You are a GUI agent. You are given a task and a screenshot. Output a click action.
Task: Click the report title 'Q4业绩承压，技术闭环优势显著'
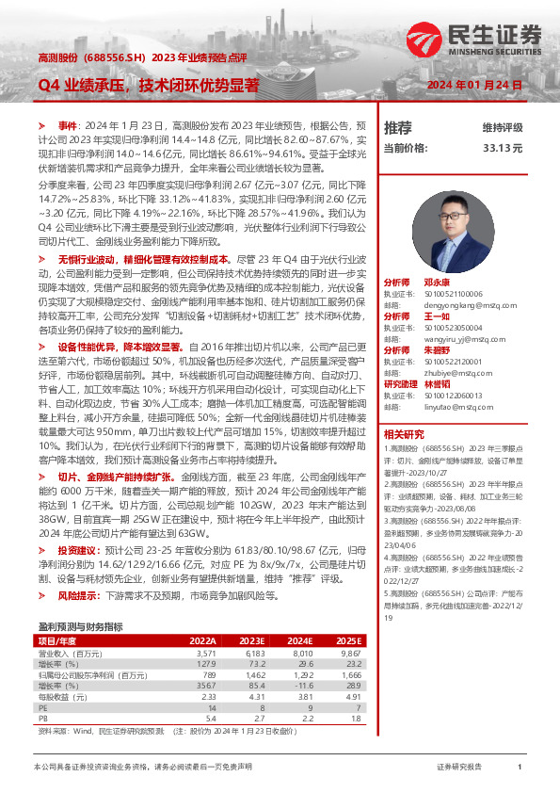tap(149, 86)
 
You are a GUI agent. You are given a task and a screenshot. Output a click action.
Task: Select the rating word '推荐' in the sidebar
tap(397, 127)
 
